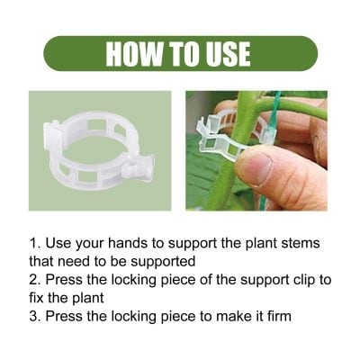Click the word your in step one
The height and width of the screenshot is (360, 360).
(95, 244)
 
